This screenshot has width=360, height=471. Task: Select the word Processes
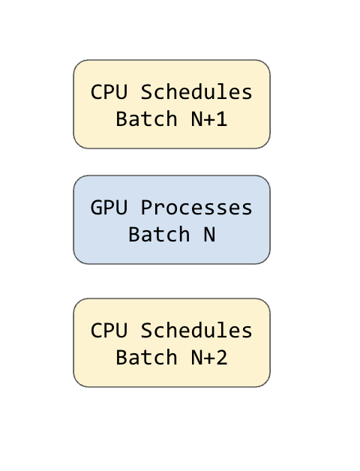pos(196,208)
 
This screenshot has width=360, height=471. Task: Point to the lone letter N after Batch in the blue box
pos(209,235)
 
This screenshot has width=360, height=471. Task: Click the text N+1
pos(209,119)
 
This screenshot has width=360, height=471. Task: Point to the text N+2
pos(209,358)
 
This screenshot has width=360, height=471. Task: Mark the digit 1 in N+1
pos(222,119)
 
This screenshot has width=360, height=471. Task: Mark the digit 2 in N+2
pos(222,358)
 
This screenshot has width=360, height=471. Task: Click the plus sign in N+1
pos(209,120)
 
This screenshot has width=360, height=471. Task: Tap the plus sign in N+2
pos(209,358)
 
